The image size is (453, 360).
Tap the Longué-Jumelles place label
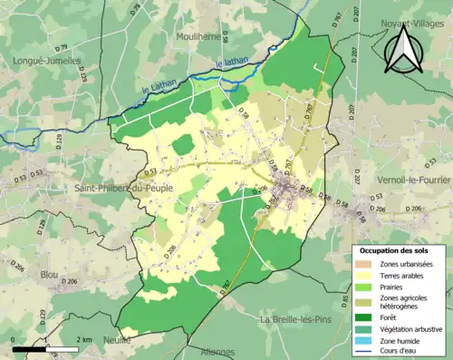46,61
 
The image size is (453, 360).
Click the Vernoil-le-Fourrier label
410,177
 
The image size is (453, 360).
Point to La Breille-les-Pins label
299,320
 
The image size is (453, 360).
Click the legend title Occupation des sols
394,249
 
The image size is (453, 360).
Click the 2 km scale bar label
83,339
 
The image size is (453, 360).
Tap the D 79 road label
137,11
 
